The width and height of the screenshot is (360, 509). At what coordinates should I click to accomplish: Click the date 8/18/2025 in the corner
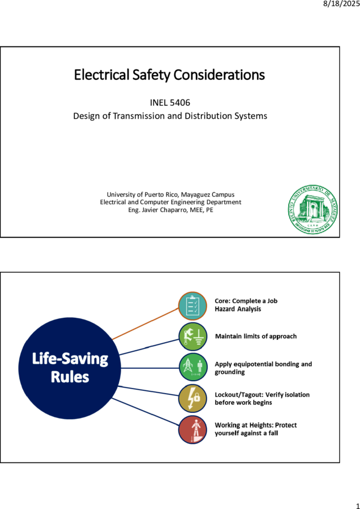341,5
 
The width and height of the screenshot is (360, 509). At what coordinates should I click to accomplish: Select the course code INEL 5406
170,102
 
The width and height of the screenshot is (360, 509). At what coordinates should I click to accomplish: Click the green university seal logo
312,209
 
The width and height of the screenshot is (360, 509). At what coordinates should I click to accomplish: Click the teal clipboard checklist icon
192,306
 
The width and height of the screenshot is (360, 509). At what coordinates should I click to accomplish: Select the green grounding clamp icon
192,337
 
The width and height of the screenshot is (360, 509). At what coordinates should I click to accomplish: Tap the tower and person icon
192,368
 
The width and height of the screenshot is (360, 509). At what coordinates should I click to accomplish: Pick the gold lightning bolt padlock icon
192,398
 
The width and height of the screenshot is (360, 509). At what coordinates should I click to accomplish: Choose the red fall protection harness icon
192,429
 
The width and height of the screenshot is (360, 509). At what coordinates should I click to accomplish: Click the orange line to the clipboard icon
145,323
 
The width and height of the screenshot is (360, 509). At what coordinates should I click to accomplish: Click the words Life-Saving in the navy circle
70,359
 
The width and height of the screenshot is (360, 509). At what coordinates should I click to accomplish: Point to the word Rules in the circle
70,377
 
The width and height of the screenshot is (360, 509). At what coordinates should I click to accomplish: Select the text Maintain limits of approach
256,337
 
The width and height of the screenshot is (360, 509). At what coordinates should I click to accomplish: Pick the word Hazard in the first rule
225,309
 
